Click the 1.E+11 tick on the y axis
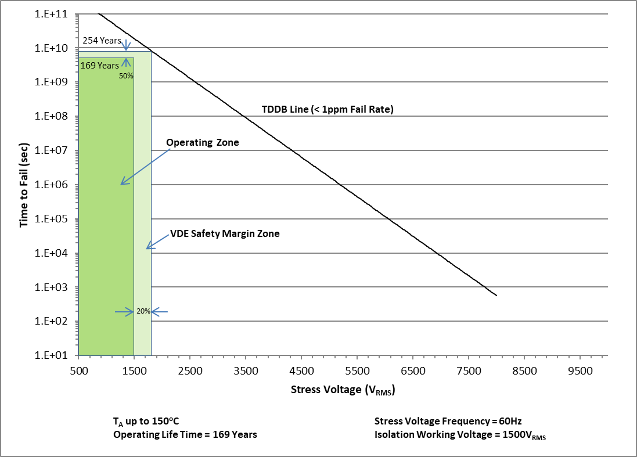[x=53, y=13]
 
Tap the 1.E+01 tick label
[x=53, y=355]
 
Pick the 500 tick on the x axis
[x=78, y=370]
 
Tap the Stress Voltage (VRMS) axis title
[x=343, y=390]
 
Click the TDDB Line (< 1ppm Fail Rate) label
[x=328, y=109]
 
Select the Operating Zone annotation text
[x=203, y=142]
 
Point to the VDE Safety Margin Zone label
[x=225, y=234]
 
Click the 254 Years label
[x=102, y=41]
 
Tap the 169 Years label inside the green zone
[x=99, y=66]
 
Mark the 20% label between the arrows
[x=143, y=311]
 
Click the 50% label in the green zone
[x=126, y=75]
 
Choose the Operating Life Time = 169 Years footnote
[x=185, y=434]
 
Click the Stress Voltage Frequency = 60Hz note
[x=444, y=421]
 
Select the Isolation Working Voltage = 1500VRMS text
[x=460, y=435]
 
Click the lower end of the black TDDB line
[x=496, y=296]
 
